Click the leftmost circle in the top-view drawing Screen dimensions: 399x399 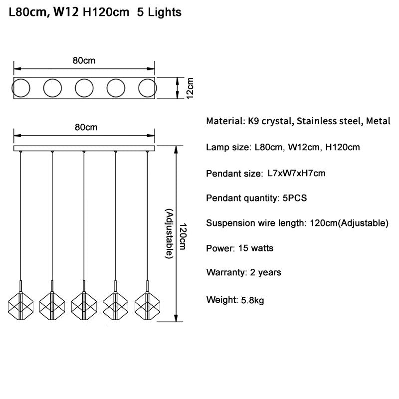12,88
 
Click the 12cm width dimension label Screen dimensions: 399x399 190,88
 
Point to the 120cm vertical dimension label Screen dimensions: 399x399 183,236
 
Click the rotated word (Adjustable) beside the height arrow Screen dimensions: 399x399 170,233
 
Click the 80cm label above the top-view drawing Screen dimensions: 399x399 84,60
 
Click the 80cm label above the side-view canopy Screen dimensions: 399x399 86,127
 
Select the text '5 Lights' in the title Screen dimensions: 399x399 159,12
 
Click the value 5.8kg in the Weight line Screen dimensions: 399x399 252,301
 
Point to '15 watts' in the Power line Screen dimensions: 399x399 256,248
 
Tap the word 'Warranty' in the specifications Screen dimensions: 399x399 225,272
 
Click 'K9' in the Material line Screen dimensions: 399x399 253,121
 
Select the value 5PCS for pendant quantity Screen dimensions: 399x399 295,198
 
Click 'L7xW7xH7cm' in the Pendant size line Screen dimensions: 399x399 296,173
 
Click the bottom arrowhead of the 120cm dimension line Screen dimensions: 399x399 176,318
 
